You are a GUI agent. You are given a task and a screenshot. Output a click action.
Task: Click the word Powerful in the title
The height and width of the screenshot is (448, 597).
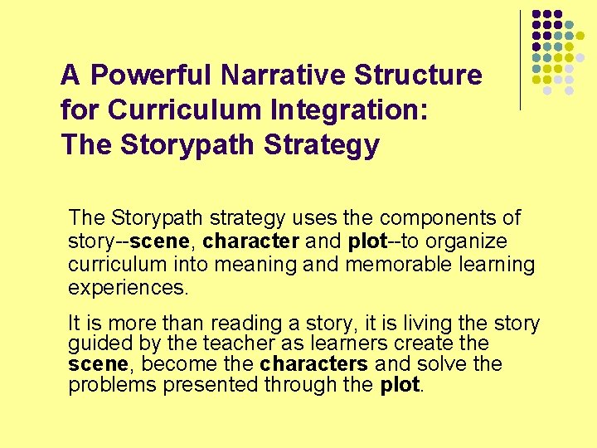(152, 75)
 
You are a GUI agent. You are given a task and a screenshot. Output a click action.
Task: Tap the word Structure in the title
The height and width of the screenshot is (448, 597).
(418, 75)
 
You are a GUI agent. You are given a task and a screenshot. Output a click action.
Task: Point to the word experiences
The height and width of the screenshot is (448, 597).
(128, 288)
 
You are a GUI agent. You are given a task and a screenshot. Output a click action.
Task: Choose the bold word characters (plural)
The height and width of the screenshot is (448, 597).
(314, 364)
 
